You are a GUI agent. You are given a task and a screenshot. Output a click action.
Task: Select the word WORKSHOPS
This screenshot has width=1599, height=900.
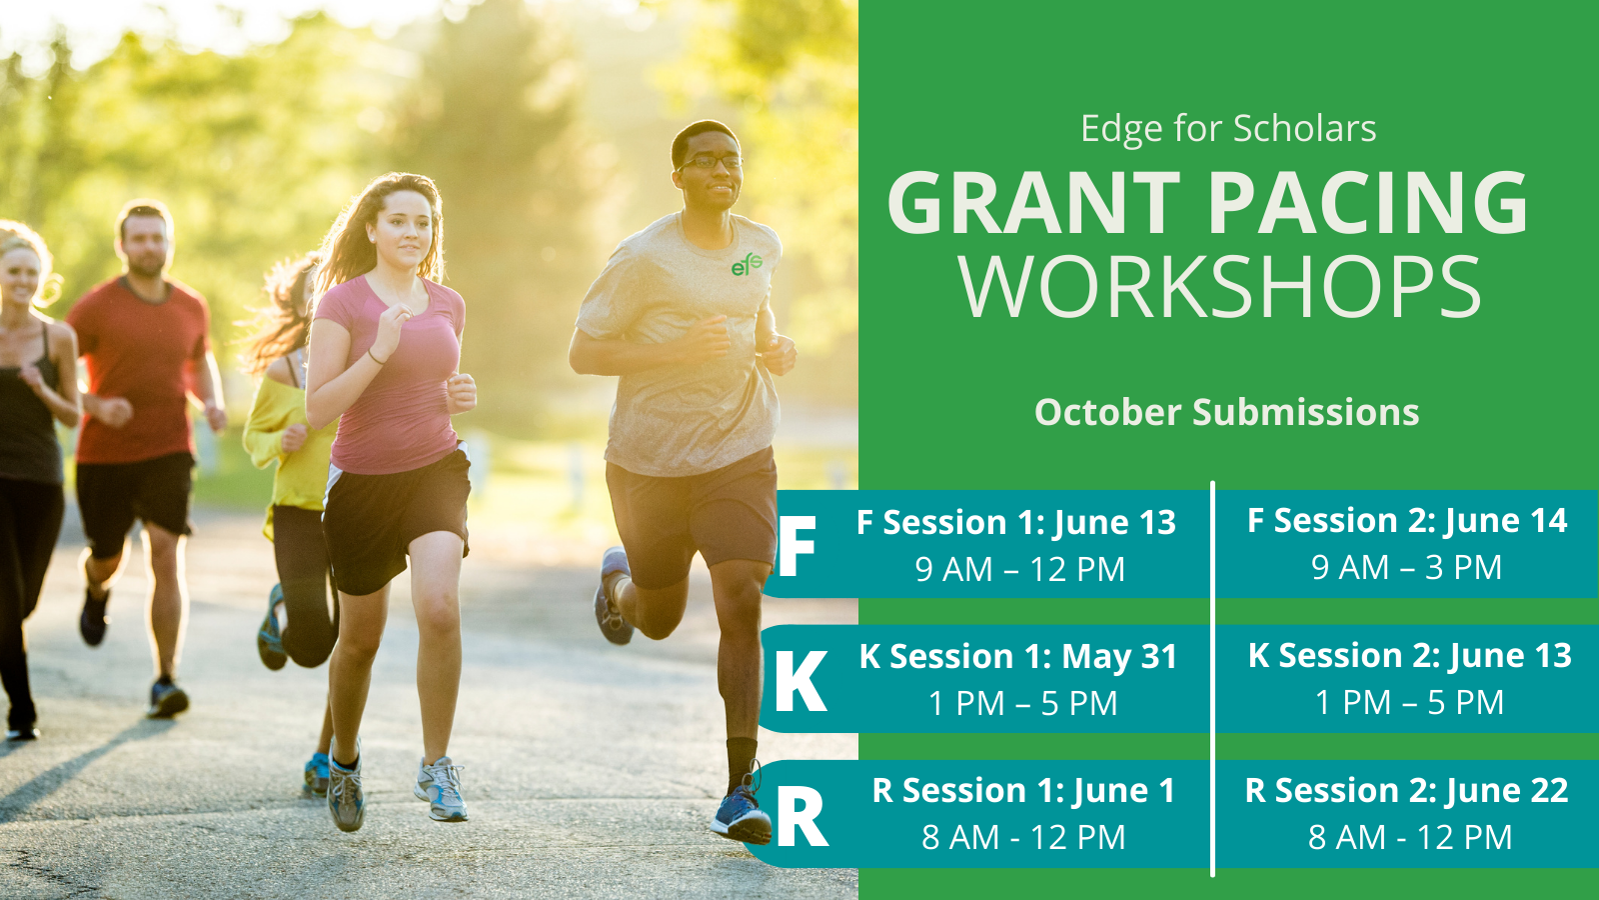(x=1220, y=287)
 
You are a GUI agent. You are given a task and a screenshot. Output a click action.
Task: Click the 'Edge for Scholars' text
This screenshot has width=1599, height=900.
(x=1228, y=129)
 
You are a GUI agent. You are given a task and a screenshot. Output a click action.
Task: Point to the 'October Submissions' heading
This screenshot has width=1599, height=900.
(x=1227, y=412)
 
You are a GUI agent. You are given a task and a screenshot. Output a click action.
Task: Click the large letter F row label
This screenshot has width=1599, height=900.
(x=797, y=546)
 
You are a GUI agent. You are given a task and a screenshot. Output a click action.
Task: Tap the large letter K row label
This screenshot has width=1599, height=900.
(x=800, y=681)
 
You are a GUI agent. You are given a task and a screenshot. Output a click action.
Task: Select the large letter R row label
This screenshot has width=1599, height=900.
(x=801, y=816)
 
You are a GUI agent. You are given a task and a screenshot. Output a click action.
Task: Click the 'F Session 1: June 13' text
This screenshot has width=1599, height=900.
(x=1015, y=523)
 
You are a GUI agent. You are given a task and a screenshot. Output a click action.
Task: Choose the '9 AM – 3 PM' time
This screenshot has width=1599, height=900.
(x=1406, y=568)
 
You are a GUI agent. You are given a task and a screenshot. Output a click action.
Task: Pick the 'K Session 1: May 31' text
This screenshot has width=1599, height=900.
(x=1018, y=658)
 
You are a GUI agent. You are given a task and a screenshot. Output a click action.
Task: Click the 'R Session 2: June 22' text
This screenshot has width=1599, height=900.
(x=1406, y=791)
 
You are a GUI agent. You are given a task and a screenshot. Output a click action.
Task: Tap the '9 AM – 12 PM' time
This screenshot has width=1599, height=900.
(x=1020, y=569)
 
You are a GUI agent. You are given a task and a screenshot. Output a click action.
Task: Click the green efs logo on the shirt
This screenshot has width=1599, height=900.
(x=747, y=264)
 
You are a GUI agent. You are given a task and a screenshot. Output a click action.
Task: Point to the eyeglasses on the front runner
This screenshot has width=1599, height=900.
(x=711, y=162)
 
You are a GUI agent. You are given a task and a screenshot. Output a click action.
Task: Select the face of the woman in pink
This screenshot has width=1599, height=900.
(x=404, y=229)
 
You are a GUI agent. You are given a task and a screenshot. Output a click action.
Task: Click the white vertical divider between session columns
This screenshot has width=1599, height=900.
(x=1213, y=679)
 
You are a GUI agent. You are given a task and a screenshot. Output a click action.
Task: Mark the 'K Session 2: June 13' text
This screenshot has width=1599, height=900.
(x=1410, y=656)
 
